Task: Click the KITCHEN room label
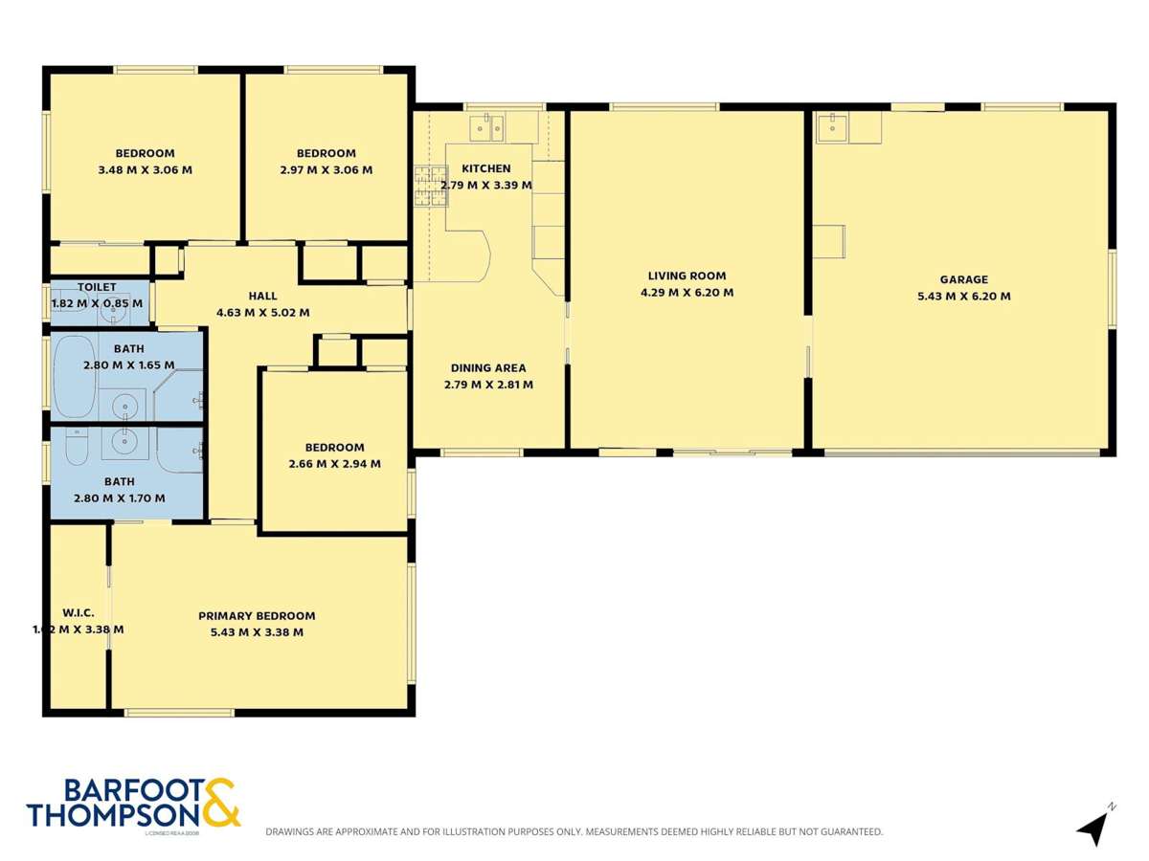pyautogui.click(x=486, y=168)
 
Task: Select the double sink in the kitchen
pyautogui.click(x=490, y=126)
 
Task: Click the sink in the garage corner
pyautogui.click(x=832, y=126)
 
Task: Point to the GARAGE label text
pyautogui.click(x=963, y=279)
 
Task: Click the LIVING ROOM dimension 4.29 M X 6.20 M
pyautogui.click(x=687, y=293)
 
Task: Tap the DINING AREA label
pyautogui.click(x=488, y=368)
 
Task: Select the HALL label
pyautogui.click(x=263, y=296)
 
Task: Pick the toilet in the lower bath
pyautogui.click(x=76, y=446)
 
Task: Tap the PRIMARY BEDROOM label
pyautogui.click(x=257, y=616)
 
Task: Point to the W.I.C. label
pyautogui.click(x=78, y=612)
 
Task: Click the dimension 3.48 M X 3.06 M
pyautogui.click(x=146, y=170)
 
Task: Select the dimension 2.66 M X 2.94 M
pyautogui.click(x=334, y=464)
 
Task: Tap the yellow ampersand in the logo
pyautogui.click(x=219, y=804)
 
